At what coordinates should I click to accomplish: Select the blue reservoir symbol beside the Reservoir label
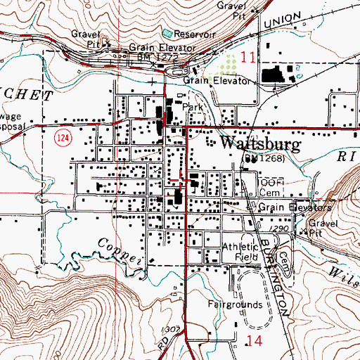[167, 32]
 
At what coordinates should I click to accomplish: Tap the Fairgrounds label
[235, 305]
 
